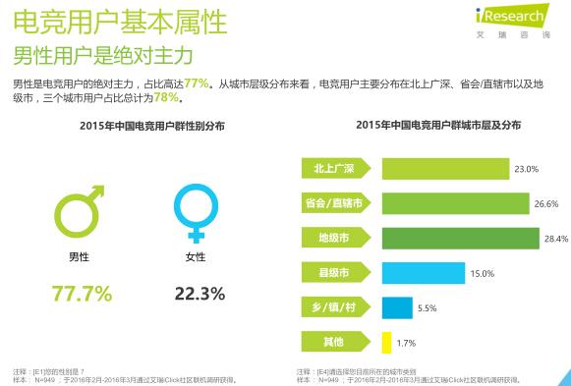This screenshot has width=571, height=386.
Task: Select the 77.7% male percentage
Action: (82, 293)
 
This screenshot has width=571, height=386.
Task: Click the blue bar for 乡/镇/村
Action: (397, 308)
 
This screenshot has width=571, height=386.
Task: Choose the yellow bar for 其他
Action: (386, 343)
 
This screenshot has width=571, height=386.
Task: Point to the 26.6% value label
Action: (546, 204)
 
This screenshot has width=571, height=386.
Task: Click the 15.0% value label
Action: (481, 274)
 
